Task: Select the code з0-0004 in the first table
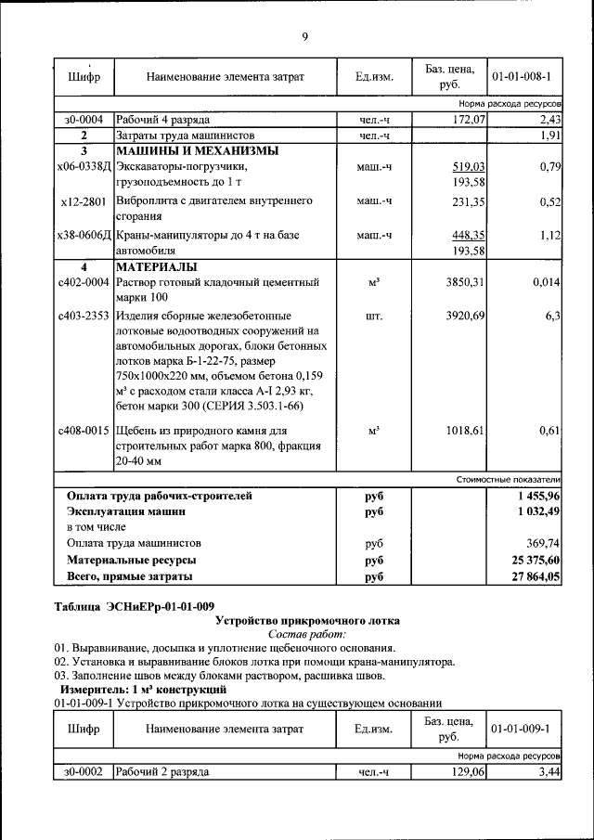coord(83,121)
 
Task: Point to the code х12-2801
coord(83,200)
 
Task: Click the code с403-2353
coord(83,317)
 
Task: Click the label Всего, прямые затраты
coord(130,576)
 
